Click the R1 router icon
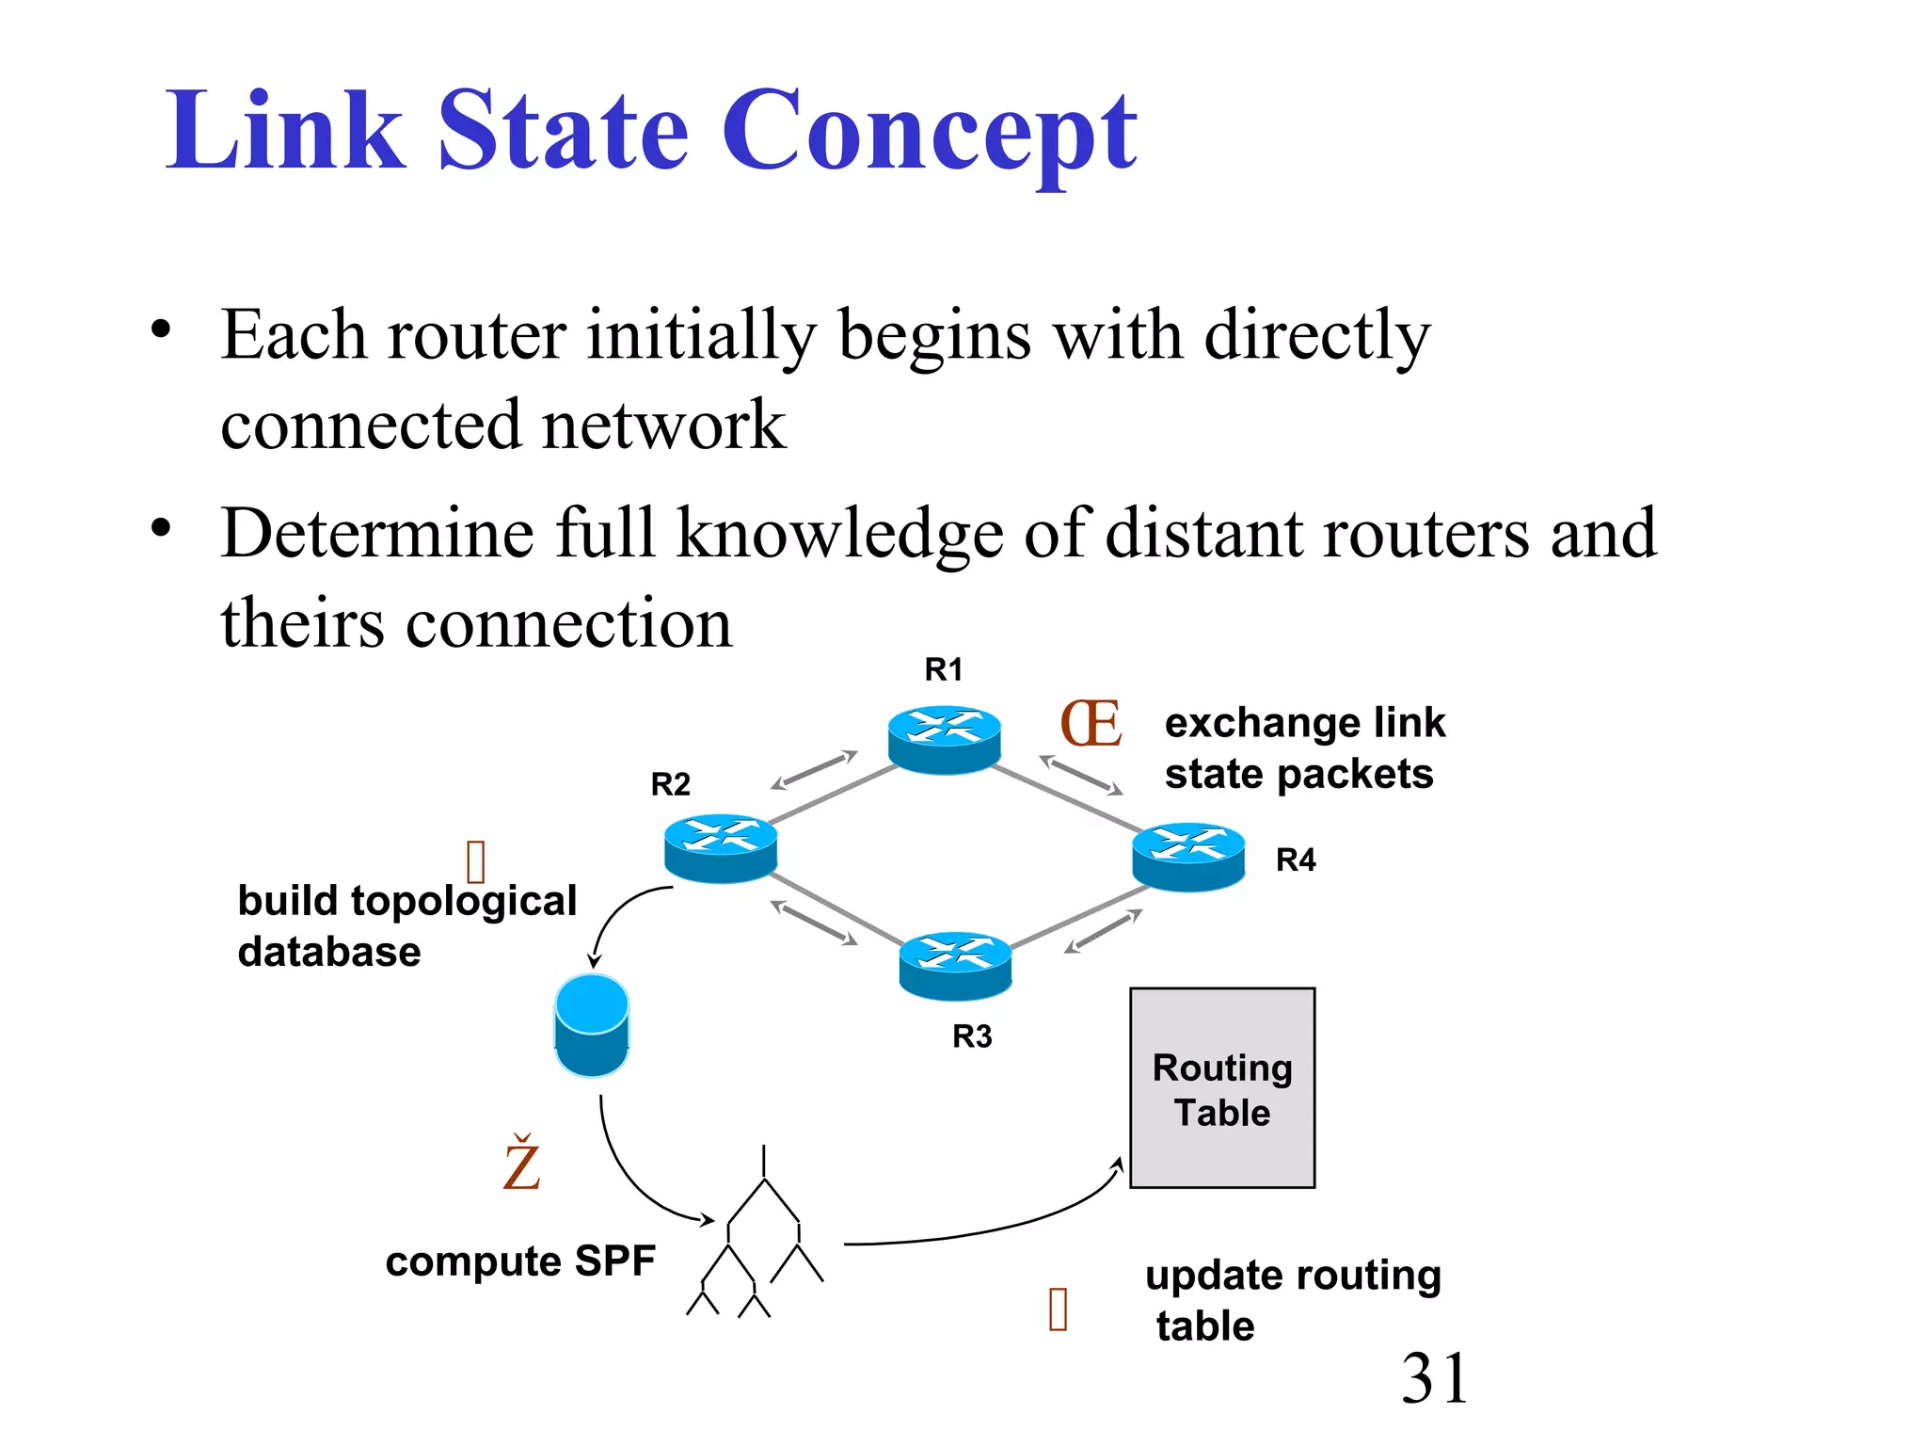pyautogui.click(x=944, y=739)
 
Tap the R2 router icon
pyautogui.click(x=721, y=847)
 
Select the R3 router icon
pyautogui.click(x=955, y=965)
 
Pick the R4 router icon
pyautogui.click(x=1188, y=856)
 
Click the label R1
pyautogui.click(x=943, y=669)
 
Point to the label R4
pyautogui.click(x=1295, y=860)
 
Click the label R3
pyautogui.click(x=972, y=1036)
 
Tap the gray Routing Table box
pyautogui.click(x=1221, y=1088)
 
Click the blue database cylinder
pyautogui.click(x=591, y=1025)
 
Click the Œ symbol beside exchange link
pyautogui.click(x=1091, y=724)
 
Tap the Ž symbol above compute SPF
pyautogui.click(x=521, y=1165)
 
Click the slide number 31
pyautogui.click(x=1434, y=1378)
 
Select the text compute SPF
pyautogui.click(x=519, y=1261)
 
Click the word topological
pyautogui.click(x=463, y=901)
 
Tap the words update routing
pyautogui.click(x=1293, y=1276)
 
